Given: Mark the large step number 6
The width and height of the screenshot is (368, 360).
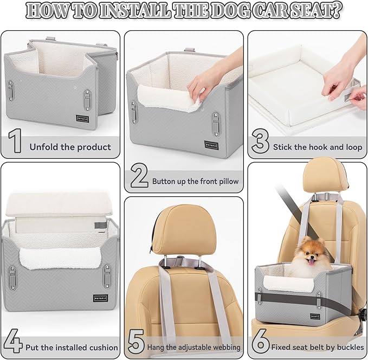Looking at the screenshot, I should coord(261,344).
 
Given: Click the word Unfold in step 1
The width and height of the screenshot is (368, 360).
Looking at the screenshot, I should coord(43,147).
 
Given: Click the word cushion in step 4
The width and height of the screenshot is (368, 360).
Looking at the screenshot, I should coord(102,347).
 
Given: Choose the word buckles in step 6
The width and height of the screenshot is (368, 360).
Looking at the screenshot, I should coord(347,347).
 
